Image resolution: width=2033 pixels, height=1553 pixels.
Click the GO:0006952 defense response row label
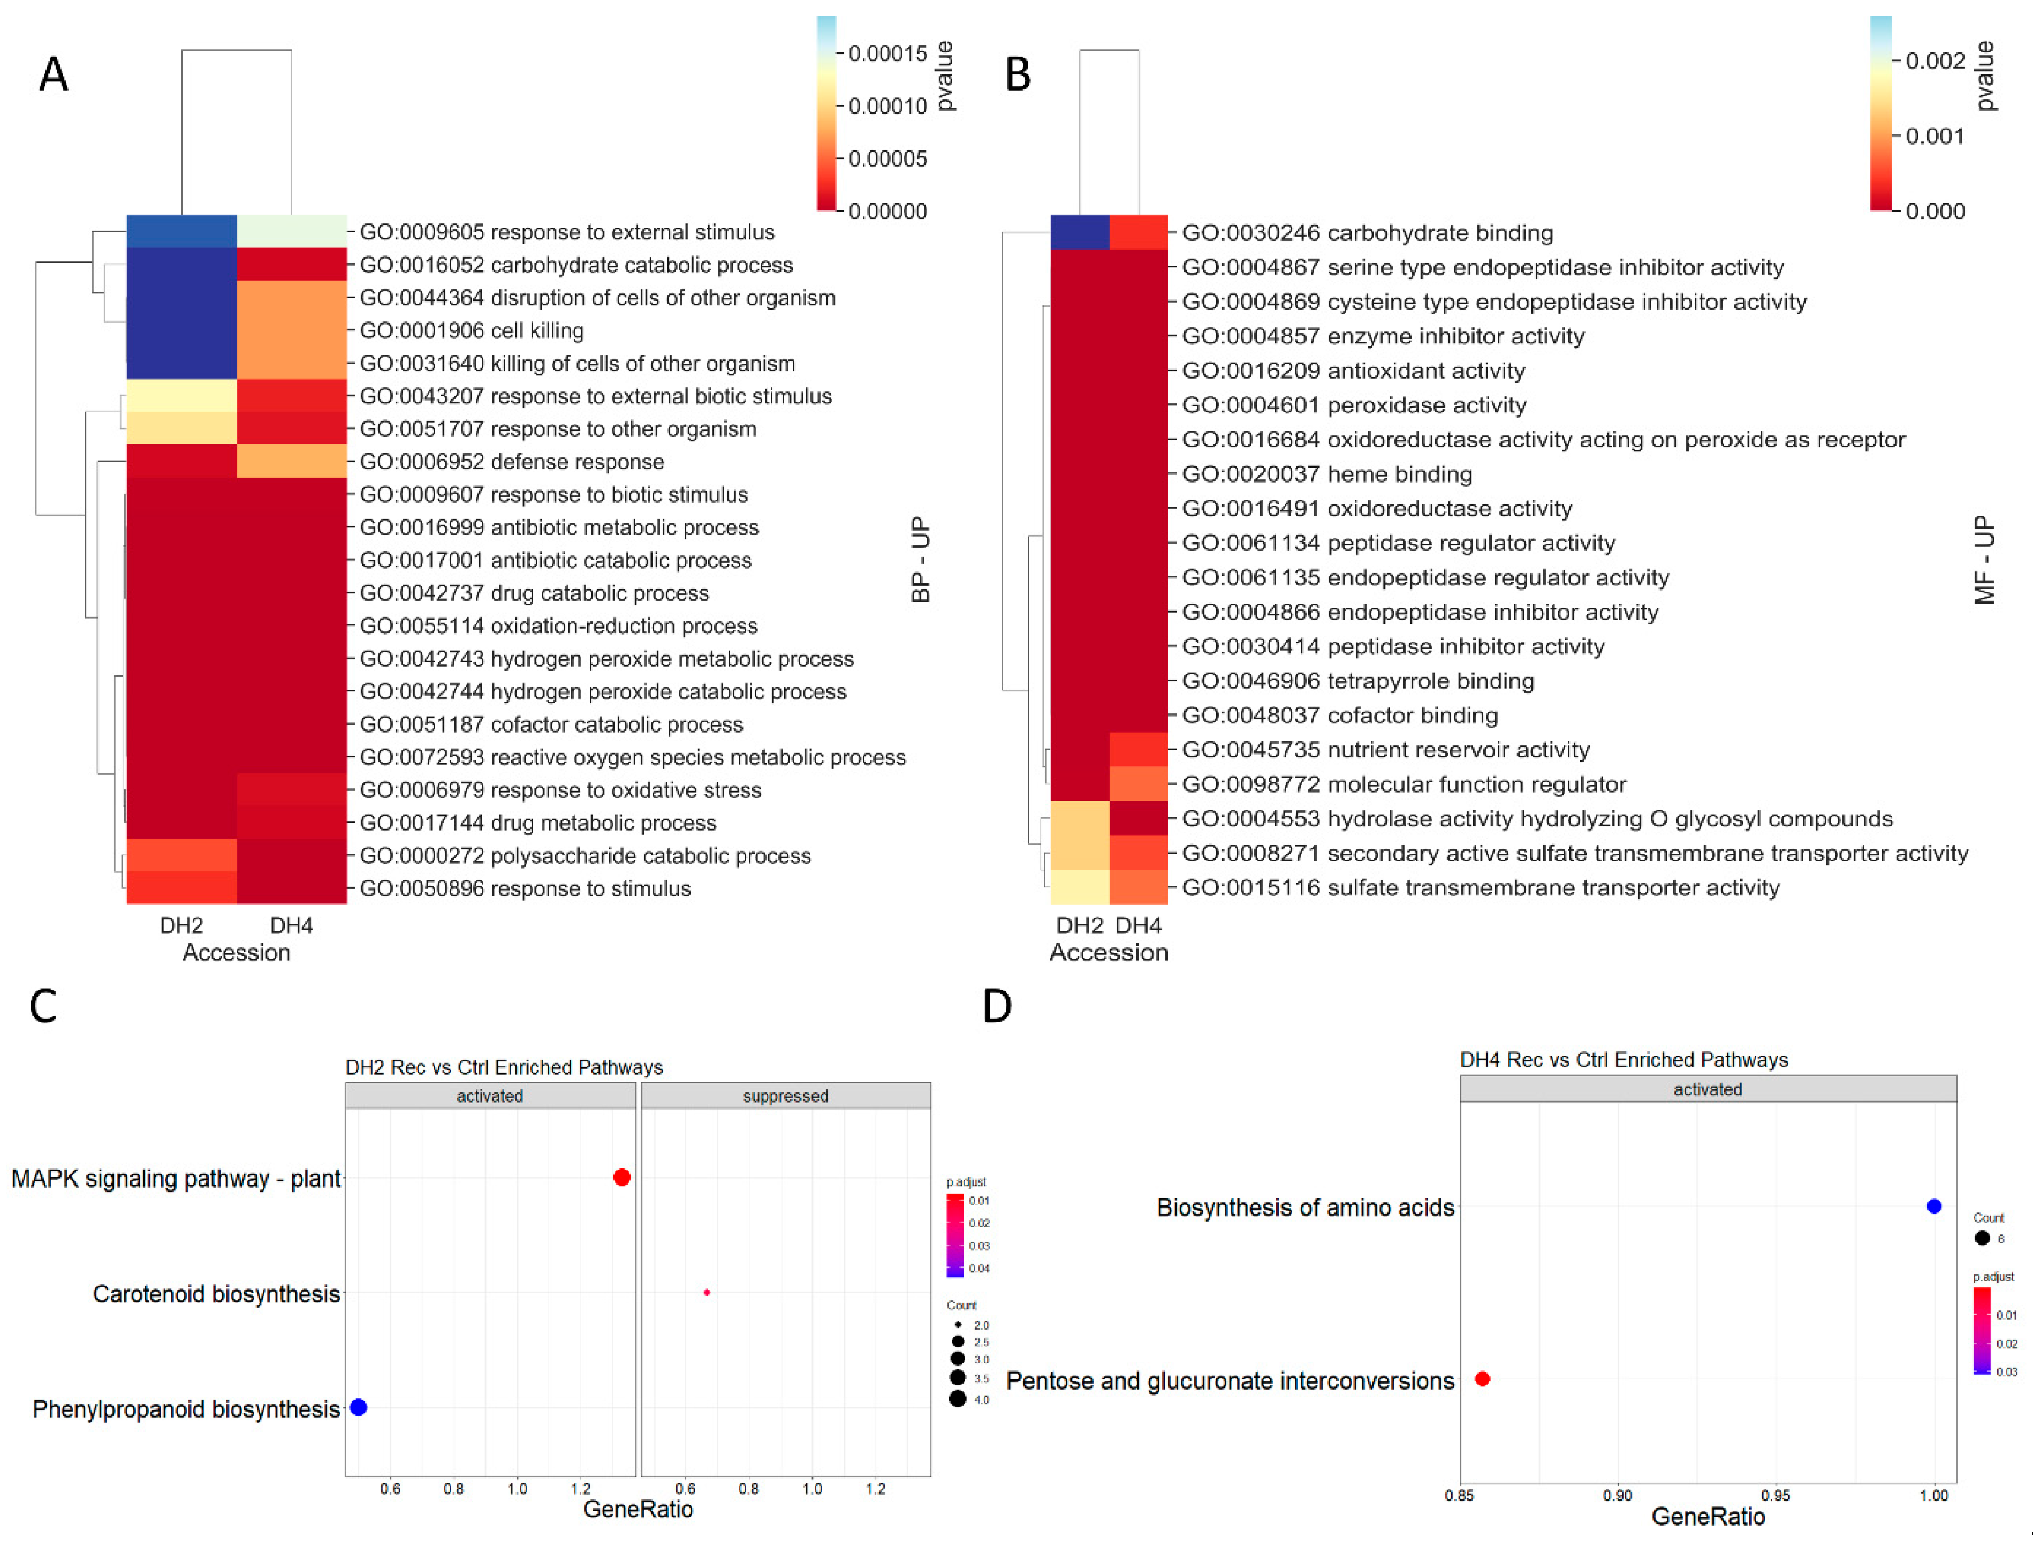tap(511, 461)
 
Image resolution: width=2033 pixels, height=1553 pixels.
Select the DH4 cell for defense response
tap(291, 461)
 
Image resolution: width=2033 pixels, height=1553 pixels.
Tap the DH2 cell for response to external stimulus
tap(181, 231)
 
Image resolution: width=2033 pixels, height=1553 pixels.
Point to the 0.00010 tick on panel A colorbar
tap(886, 107)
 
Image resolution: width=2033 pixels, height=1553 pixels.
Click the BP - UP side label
tap(920, 559)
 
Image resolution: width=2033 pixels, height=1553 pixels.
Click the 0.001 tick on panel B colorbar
tap(1934, 136)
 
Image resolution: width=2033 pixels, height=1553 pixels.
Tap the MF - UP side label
tap(1984, 559)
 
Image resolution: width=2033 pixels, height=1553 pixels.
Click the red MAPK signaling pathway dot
tap(622, 1177)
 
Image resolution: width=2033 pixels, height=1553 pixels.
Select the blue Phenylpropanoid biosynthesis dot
tap(359, 1407)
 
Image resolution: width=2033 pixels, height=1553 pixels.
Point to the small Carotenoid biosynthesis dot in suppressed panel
tap(707, 1292)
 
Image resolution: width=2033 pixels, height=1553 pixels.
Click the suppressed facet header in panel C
tap(785, 1096)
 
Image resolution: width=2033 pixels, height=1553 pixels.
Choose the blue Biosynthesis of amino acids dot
tap(1933, 1205)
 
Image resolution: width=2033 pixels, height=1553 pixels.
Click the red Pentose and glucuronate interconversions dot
tap(1482, 1378)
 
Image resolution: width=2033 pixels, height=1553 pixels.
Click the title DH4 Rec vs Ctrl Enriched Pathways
tap(1624, 1059)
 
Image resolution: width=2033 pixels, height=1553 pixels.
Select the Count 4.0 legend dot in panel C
tap(958, 1399)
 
